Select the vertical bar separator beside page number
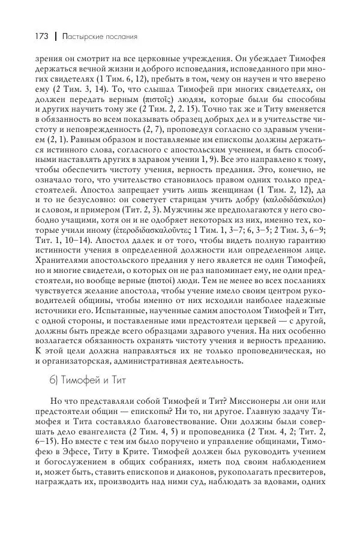coord(55,37)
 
